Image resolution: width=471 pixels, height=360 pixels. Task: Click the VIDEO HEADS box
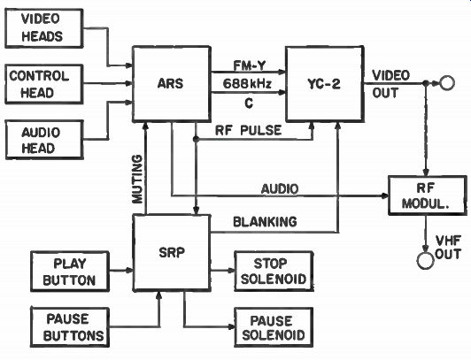click(x=44, y=28)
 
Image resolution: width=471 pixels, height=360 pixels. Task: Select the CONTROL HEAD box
click(x=44, y=84)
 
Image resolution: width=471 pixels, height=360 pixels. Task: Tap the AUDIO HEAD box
click(x=44, y=140)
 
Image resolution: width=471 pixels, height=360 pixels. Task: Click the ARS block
click(x=172, y=84)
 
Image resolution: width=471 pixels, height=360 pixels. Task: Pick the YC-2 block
click(x=325, y=84)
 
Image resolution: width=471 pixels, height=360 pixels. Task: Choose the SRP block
click(x=172, y=253)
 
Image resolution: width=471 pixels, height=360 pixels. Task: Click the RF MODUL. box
click(x=428, y=195)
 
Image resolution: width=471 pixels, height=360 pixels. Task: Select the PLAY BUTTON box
click(x=70, y=272)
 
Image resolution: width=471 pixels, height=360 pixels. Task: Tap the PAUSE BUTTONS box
click(x=70, y=327)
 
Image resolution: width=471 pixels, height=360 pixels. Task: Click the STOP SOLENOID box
click(x=274, y=272)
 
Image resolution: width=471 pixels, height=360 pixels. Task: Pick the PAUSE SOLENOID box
click(x=274, y=327)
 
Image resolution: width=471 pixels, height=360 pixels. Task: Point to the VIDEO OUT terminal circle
click(x=447, y=83)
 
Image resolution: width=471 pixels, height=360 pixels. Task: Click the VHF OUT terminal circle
click(x=425, y=260)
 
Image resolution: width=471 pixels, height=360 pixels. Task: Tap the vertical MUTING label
click(x=137, y=179)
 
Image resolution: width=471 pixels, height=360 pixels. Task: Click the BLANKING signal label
click(x=266, y=222)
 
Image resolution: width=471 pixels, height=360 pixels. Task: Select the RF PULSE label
click(x=249, y=131)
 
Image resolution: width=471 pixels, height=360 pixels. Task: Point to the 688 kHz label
click(x=247, y=84)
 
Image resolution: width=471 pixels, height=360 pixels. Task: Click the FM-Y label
click(x=250, y=65)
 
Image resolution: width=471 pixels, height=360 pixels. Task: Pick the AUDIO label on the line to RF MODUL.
click(x=280, y=189)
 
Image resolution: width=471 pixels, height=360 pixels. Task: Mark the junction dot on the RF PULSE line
click(x=196, y=139)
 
